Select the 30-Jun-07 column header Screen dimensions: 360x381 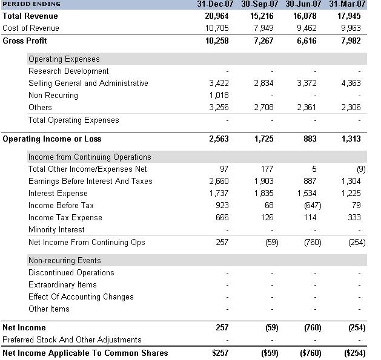click(x=303, y=4)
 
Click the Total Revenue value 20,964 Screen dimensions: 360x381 click(x=217, y=16)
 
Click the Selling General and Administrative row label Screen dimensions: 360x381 click(x=88, y=83)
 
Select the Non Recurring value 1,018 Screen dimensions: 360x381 click(x=219, y=96)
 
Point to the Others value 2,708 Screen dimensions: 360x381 click(x=263, y=108)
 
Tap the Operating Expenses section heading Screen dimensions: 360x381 click(x=64, y=59)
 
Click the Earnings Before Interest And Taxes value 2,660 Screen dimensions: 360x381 click(x=219, y=182)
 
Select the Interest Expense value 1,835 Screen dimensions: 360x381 click(x=263, y=194)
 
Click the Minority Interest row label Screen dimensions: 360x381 click(x=56, y=230)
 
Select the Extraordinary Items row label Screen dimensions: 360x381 click(x=62, y=285)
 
